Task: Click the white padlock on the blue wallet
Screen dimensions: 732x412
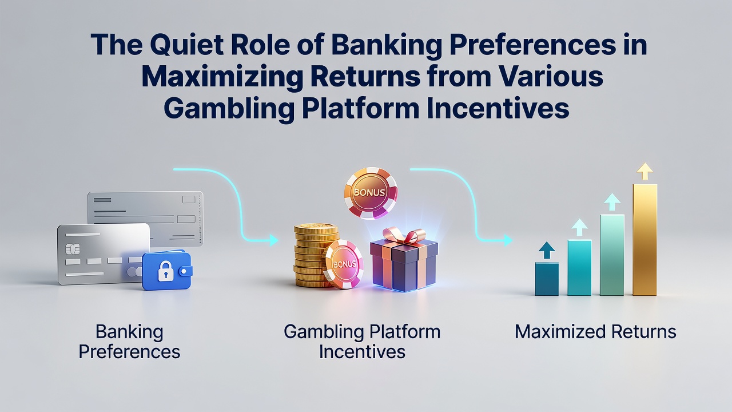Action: pyautogui.click(x=165, y=271)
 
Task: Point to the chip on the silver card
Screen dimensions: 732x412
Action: pyautogui.click(x=72, y=249)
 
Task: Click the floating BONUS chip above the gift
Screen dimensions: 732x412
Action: pyautogui.click(x=371, y=193)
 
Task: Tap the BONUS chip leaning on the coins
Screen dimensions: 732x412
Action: pyautogui.click(x=344, y=264)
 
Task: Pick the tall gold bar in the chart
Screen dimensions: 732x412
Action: pyautogui.click(x=645, y=240)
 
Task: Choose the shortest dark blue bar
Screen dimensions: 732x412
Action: pyautogui.click(x=547, y=279)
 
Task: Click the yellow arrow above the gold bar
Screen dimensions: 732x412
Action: pyautogui.click(x=645, y=171)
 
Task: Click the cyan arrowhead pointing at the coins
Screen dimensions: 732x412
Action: pyautogui.click(x=273, y=240)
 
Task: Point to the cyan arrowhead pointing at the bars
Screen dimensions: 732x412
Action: pyautogui.click(x=508, y=240)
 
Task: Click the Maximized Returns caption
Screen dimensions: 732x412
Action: pyautogui.click(x=595, y=332)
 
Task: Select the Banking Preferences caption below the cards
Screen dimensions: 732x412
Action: pyautogui.click(x=129, y=342)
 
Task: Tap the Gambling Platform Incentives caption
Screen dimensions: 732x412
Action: pyautogui.click(x=362, y=342)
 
